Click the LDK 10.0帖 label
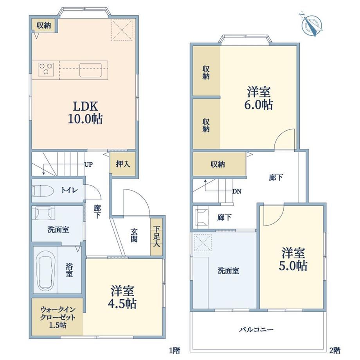pyautogui.click(x=85, y=113)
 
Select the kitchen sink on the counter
pyautogui.click(x=91, y=70)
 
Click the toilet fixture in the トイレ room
pyautogui.click(x=43, y=191)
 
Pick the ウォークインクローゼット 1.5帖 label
pyautogui.click(x=58, y=317)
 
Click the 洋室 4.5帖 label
pyautogui.click(x=122, y=297)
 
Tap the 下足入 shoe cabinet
pyautogui.click(x=157, y=236)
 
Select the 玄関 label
pyautogui.click(x=134, y=235)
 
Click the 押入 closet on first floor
pyautogui.click(x=123, y=164)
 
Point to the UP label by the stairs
pyautogui.click(x=88, y=164)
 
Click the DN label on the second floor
pyautogui.click(x=237, y=191)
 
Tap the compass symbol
pyautogui.click(x=311, y=25)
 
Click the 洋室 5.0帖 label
pyautogui.click(x=293, y=259)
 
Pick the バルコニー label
pyautogui.click(x=256, y=330)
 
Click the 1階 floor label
pyautogui.click(x=175, y=350)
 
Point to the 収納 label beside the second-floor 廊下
pyautogui.click(x=218, y=164)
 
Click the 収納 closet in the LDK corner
pyautogui.click(x=43, y=25)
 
